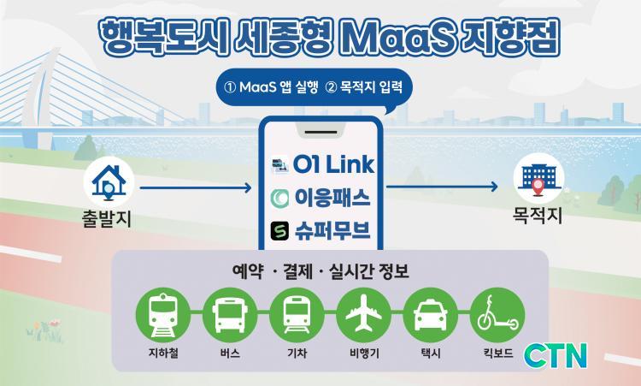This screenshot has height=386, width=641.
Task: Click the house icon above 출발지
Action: (x=109, y=181)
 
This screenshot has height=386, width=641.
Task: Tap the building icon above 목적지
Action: (x=538, y=179)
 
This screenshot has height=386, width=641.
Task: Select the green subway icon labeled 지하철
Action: (x=163, y=315)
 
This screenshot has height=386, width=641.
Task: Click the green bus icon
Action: (x=230, y=315)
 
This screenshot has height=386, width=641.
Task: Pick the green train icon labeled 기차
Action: (x=297, y=315)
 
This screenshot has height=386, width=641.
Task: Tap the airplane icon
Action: (x=364, y=315)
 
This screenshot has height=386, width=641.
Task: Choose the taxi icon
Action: (x=431, y=315)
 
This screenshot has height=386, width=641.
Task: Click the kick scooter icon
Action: (x=497, y=315)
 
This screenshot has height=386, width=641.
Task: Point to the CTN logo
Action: (x=556, y=356)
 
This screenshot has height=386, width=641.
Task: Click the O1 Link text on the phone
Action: (x=333, y=164)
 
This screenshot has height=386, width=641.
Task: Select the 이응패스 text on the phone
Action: (x=332, y=198)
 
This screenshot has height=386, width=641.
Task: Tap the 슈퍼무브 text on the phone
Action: (x=332, y=230)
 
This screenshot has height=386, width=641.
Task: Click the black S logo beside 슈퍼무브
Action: (x=279, y=231)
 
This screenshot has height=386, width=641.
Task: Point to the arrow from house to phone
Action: (x=196, y=188)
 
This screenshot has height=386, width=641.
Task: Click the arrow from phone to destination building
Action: (x=442, y=187)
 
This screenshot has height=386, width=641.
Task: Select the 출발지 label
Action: (x=107, y=218)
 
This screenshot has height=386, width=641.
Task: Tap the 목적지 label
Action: (x=538, y=216)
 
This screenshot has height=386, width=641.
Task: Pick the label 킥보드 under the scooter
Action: (x=498, y=353)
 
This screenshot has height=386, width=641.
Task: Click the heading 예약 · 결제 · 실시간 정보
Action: (x=320, y=271)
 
